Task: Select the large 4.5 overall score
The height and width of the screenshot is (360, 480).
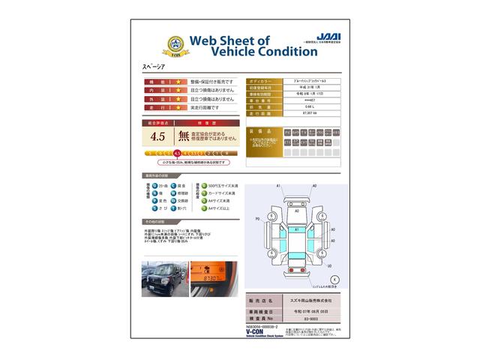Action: [x=157, y=136]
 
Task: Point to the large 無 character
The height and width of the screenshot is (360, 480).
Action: [x=184, y=136]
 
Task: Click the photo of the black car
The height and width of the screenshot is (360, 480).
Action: [x=163, y=278]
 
